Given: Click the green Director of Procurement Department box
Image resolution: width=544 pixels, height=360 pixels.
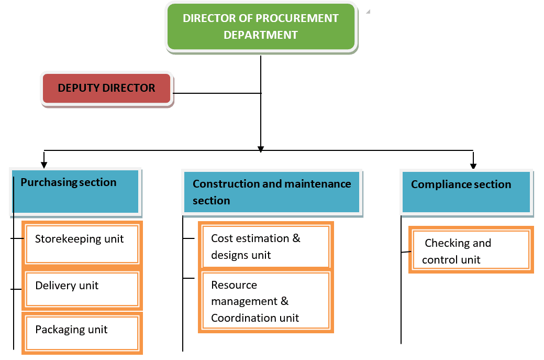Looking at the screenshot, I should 261,27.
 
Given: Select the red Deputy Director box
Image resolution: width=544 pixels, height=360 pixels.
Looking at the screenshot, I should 107,89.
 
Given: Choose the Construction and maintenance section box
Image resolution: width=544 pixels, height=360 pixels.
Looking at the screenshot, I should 272,192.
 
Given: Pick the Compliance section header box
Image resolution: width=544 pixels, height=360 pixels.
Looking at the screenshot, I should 467,192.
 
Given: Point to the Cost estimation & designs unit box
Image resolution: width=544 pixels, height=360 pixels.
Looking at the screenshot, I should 265,246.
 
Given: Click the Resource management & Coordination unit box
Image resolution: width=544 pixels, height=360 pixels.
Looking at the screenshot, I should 265,302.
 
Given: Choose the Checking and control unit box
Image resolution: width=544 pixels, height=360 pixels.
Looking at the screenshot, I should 471,250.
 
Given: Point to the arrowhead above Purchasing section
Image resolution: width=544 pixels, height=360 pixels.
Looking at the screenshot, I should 45,163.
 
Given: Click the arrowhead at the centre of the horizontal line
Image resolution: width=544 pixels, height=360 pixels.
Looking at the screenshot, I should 261,149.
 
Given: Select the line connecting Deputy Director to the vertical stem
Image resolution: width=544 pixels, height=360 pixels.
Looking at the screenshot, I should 217,94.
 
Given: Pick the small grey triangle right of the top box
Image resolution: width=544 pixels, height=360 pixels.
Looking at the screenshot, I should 368,11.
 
